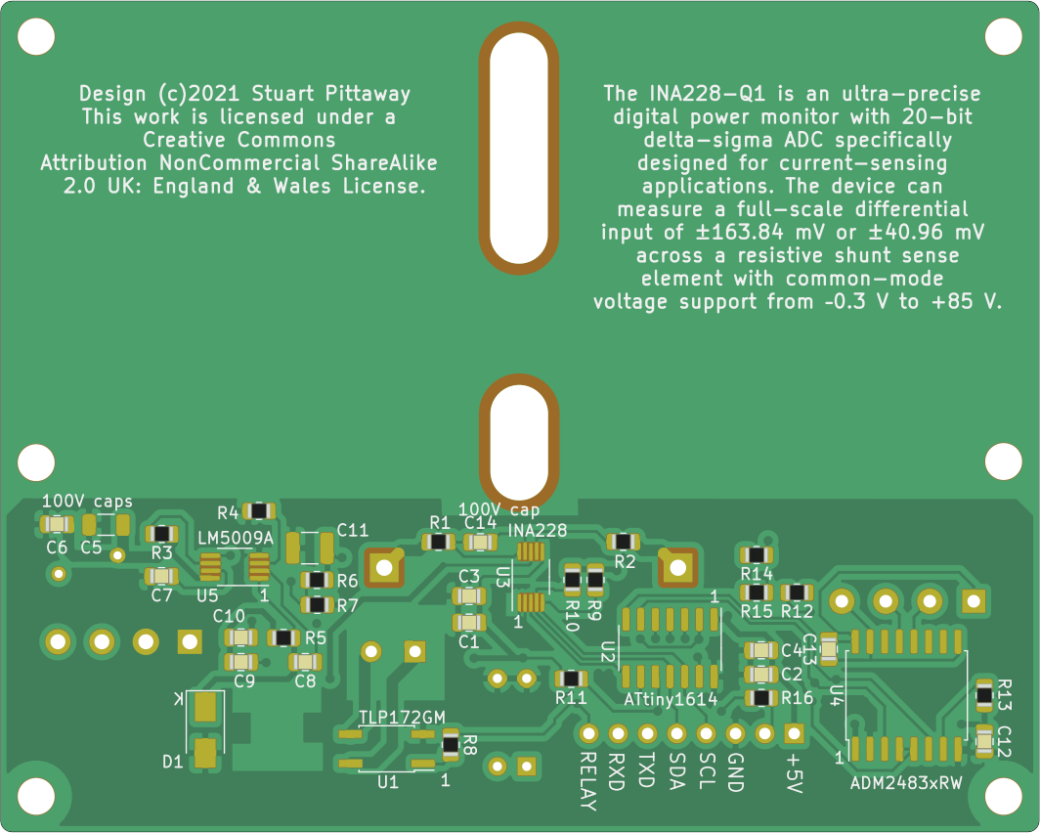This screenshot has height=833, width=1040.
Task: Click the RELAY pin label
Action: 587,782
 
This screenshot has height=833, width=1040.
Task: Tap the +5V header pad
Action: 794,732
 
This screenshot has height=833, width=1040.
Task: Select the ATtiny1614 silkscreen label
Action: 671,700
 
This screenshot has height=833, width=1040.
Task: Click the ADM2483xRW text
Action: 906,783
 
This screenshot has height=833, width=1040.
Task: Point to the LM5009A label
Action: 236,539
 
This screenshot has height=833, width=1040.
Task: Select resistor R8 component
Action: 451,744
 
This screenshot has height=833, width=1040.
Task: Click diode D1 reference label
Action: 172,761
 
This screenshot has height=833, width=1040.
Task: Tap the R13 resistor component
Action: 984,695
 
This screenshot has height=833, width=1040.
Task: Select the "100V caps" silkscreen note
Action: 87,501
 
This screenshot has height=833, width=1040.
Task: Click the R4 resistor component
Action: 260,510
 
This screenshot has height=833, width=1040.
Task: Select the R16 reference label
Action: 798,698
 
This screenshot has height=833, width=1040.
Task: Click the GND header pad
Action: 735,732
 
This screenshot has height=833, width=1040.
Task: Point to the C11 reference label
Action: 352,530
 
